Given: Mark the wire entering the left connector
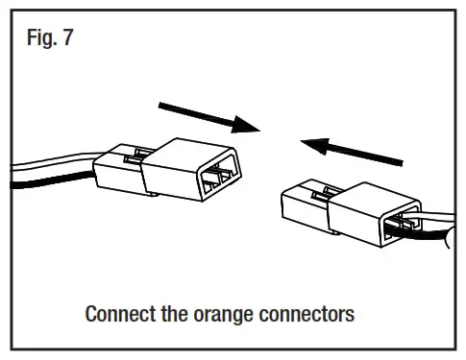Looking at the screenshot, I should click(x=48, y=173).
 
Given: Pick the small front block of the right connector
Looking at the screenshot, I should click(x=304, y=207).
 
